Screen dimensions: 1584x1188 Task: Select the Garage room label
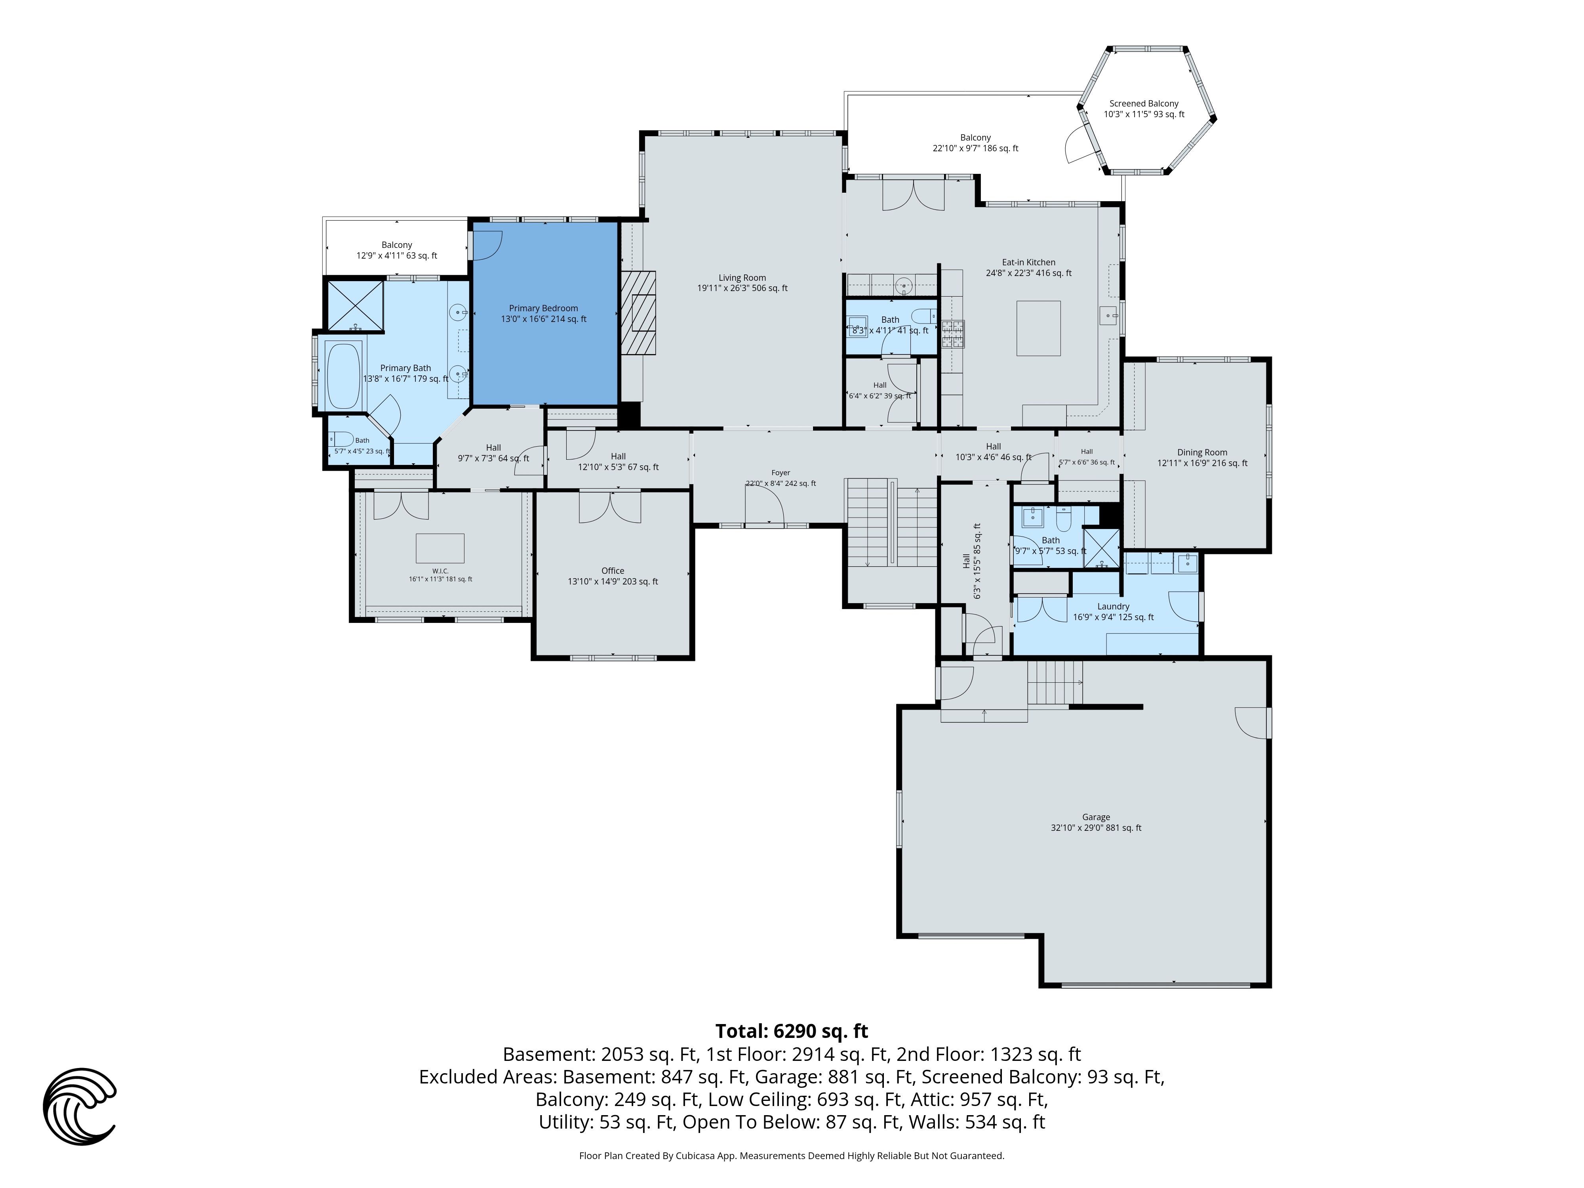tap(1096, 822)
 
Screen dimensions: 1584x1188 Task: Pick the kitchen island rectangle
tap(1038, 328)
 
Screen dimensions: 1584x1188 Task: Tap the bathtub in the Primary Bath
tap(344, 375)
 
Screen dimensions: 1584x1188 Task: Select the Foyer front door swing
tap(765, 508)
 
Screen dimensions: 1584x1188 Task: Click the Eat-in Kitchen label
tap(1028, 267)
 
